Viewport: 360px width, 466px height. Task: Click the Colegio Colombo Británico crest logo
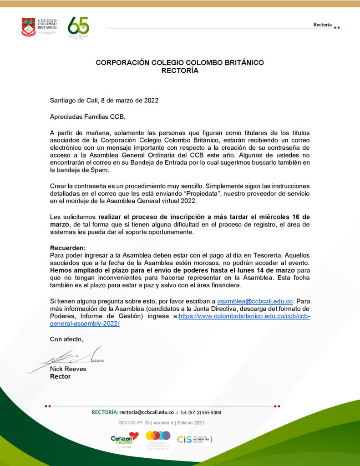click(x=28, y=27)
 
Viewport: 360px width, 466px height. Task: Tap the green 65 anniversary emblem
click(x=78, y=27)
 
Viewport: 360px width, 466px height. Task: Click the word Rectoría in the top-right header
click(x=322, y=25)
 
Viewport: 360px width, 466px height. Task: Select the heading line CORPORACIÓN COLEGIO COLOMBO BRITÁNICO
click(x=180, y=63)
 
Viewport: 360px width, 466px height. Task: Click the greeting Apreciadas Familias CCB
click(x=87, y=116)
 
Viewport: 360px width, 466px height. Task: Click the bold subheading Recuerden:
click(x=67, y=248)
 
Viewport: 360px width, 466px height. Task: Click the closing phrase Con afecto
click(x=66, y=339)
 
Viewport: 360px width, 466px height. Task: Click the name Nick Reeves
click(x=68, y=369)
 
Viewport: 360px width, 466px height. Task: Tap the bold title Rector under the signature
click(x=60, y=376)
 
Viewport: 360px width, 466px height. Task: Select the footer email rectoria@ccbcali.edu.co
click(x=147, y=412)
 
